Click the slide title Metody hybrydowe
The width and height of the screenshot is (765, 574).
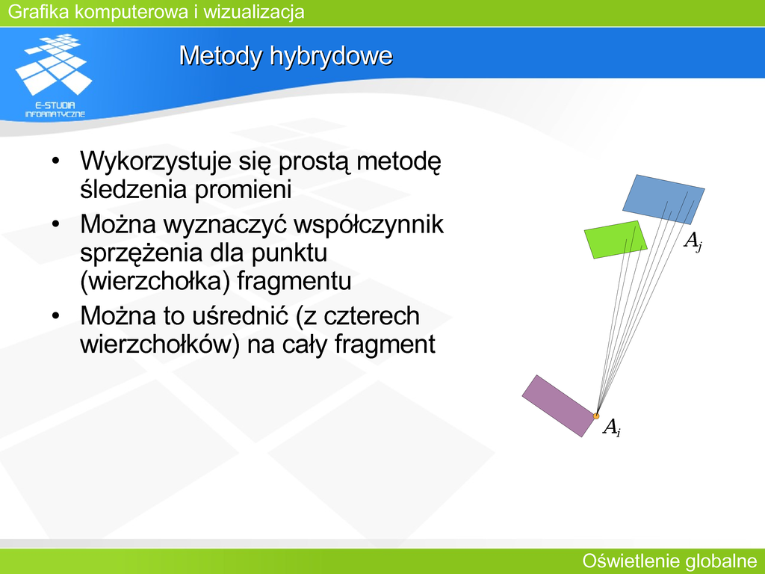pos(286,55)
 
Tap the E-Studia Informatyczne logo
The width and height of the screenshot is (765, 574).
pos(54,75)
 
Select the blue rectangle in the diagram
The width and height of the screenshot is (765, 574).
pos(663,199)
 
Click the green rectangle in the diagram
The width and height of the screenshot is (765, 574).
pos(616,239)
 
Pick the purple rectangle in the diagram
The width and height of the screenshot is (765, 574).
pos(559,406)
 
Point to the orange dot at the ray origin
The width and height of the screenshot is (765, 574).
pos(596,416)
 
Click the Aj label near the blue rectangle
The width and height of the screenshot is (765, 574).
pos(693,241)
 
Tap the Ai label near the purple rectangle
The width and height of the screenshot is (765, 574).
pos(612,427)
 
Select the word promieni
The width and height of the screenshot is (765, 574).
pos(244,189)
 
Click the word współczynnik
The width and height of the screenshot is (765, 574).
pos(369,225)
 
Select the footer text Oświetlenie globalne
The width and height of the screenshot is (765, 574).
pos(669,561)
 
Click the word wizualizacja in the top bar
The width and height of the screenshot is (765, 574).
pos(254,12)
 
